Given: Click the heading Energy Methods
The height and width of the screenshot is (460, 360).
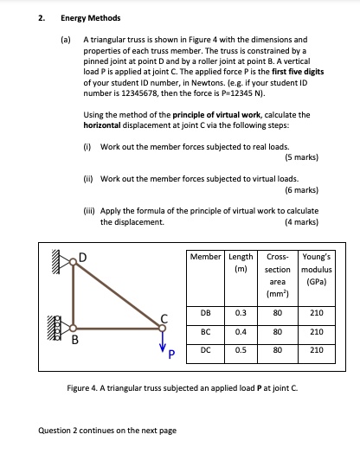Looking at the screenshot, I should [x=90, y=17].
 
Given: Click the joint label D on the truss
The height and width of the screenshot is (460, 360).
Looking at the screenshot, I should [x=84, y=256].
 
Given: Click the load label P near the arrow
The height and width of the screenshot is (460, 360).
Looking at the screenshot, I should [x=170, y=353].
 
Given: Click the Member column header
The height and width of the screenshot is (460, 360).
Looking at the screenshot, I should [x=207, y=257].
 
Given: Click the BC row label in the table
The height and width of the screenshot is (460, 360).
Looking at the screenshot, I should [x=207, y=330].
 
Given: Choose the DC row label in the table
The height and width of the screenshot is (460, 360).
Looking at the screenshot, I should [x=207, y=349].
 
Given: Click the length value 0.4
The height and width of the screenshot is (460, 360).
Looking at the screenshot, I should [x=242, y=330].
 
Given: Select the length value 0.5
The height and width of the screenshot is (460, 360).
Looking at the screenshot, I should [x=242, y=349].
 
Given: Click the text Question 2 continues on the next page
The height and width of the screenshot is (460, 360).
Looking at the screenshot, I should [x=107, y=430].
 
